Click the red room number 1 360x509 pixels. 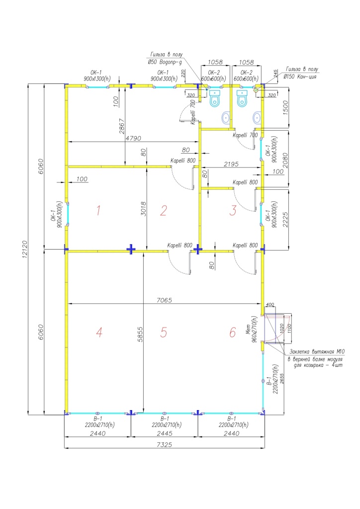tap(98, 211)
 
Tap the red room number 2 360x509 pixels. tap(163, 211)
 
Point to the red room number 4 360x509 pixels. tap(99, 333)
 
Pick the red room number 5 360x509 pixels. tap(164, 333)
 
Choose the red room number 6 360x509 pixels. tap(232, 333)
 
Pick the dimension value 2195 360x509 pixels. tap(232, 164)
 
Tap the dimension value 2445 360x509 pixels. tap(164, 433)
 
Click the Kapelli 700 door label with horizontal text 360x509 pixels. tap(245, 135)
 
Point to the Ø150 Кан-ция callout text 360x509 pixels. tap(300, 77)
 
